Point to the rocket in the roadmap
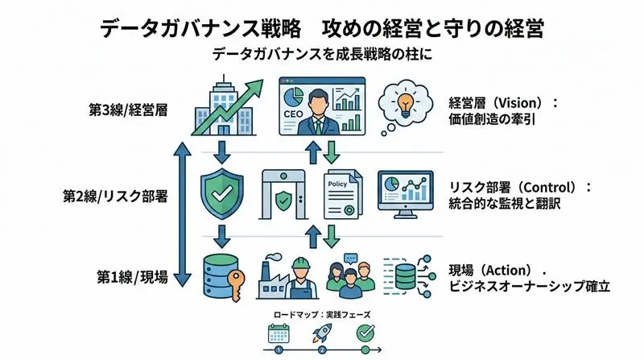[322, 333]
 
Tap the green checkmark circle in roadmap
[365, 332]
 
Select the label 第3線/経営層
[128, 110]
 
